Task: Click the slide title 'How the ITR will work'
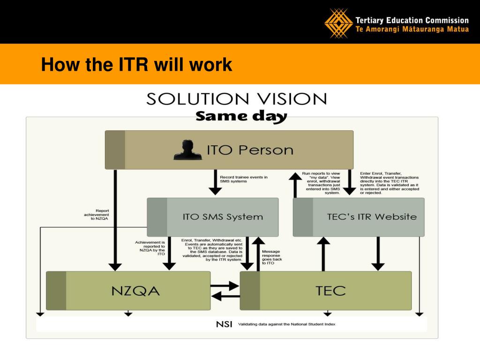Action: point(136,65)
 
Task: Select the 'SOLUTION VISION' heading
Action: point(237,99)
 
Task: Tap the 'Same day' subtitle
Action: point(241,116)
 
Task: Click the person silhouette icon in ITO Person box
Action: point(187,150)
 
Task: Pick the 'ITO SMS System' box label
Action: point(223,217)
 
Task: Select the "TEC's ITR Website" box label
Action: point(372,217)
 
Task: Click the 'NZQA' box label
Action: point(135,291)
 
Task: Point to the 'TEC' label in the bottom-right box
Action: point(330,291)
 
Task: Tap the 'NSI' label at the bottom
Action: point(224,324)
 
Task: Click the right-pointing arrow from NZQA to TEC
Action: point(225,285)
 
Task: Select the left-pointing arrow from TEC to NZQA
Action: point(225,296)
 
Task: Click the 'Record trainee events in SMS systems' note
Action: point(244,179)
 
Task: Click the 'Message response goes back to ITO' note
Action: point(271,257)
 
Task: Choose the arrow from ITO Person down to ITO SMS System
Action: point(215,182)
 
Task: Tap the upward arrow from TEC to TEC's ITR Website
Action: point(323,253)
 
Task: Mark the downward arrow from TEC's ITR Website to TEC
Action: point(378,253)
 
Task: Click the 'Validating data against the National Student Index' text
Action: point(287,324)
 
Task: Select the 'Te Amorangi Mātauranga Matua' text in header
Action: point(412,29)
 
